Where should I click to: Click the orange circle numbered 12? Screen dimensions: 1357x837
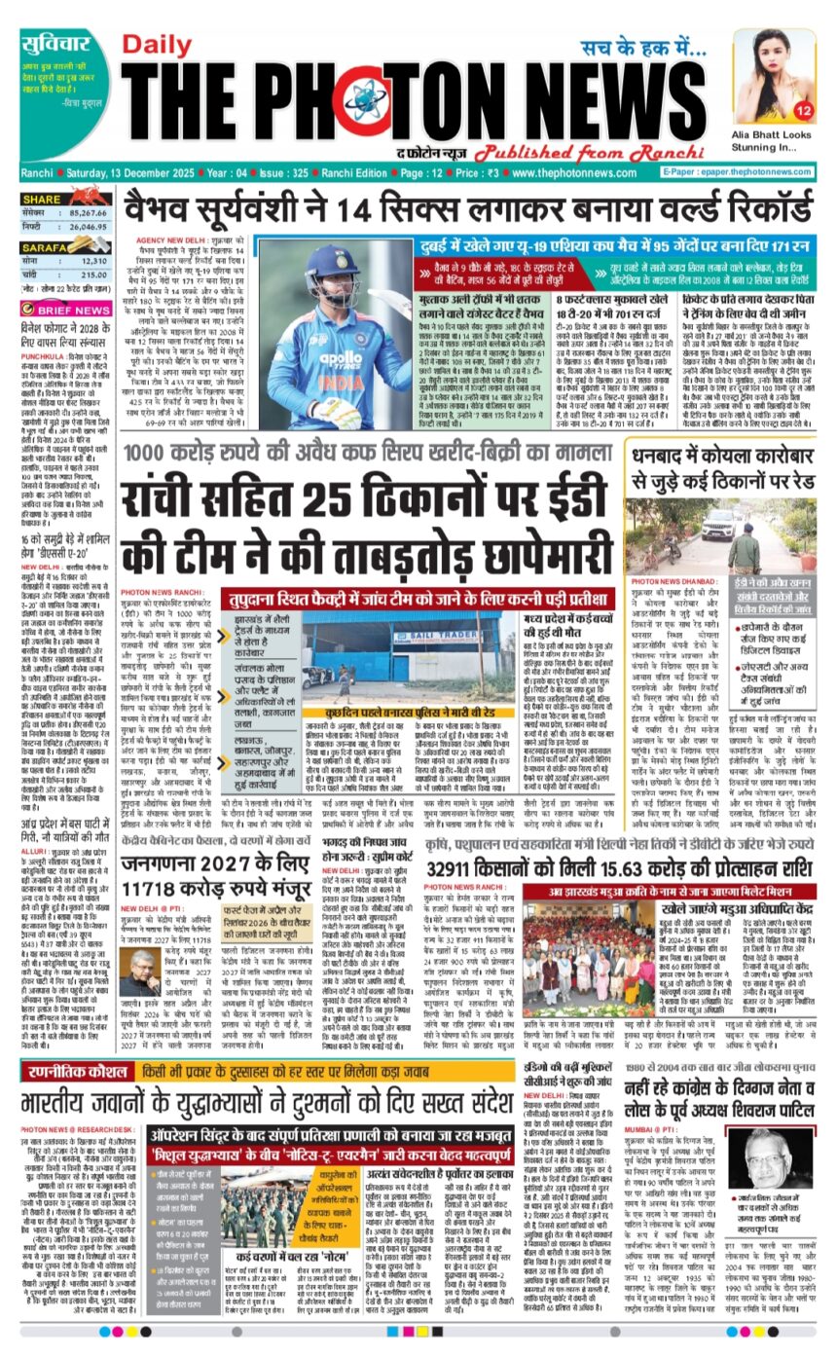coord(802,109)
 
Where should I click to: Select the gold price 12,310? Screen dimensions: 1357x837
coord(93,260)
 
